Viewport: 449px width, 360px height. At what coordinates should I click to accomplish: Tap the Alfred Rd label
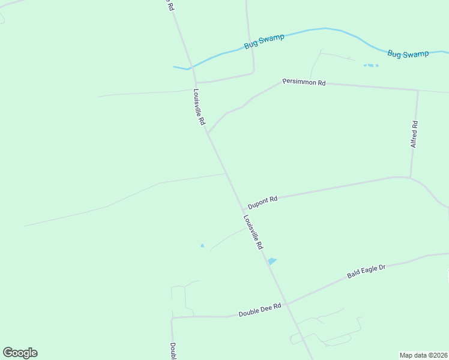pyautogui.click(x=414, y=134)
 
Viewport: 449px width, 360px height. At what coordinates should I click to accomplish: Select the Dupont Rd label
pyautogui.click(x=262, y=202)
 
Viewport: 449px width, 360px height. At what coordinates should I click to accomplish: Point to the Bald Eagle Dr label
pyautogui.click(x=366, y=271)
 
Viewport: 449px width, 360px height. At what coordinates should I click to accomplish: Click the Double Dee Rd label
pyautogui.click(x=260, y=310)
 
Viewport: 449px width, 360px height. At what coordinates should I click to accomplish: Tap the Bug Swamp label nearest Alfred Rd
pyautogui.click(x=408, y=54)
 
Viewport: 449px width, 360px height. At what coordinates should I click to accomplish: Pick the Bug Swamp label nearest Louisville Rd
pyautogui.click(x=264, y=41)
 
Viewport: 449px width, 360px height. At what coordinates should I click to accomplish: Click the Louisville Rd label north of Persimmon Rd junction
pyautogui.click(x=199, y=107)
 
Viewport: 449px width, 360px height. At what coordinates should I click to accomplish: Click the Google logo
pyautogui.click(x=20, y=353)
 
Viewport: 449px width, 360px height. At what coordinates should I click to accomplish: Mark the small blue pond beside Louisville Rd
pyautogui.click(x=273, y=261)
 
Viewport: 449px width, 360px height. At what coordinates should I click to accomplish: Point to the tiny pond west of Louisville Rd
pyautogui.click(x=202, y=245)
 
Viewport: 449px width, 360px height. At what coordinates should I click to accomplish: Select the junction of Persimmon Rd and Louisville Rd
pyautogui.click(x=208, y=133)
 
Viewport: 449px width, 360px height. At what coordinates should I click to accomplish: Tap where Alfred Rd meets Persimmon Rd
pyautogui.click(x=417, y=91)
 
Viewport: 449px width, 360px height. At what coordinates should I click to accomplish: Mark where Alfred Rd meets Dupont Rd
pyautogui.click(x=411, y=178)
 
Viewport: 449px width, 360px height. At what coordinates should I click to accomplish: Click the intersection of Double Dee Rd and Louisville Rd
pyautogui.click(x=287, y=304)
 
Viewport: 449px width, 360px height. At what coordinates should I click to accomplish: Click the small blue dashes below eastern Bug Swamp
pyautogui.click(x=371, y=65)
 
